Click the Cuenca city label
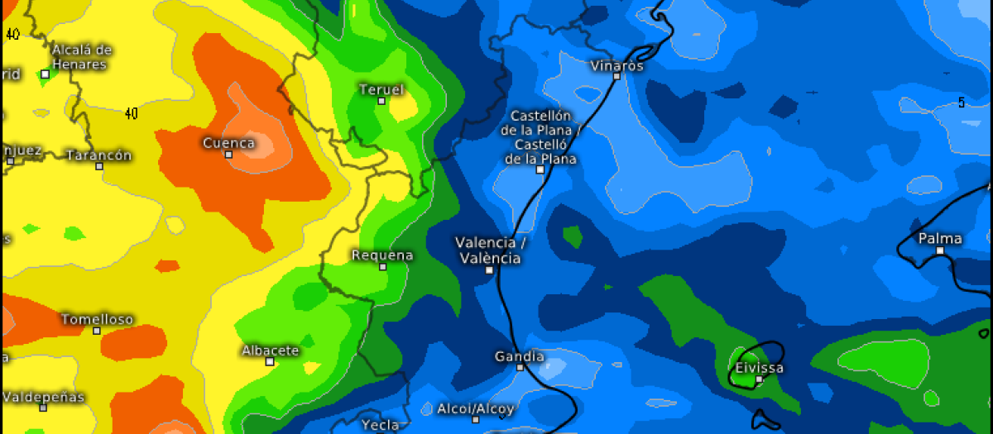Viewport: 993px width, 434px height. (228, 143)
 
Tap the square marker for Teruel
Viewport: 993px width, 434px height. (381, 101)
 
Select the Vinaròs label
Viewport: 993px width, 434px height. (616, 65)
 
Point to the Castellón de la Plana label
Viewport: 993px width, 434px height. (540, 136)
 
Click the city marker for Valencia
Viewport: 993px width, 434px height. (489, 269)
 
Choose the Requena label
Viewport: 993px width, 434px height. (381, 255)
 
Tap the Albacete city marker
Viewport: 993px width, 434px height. (270, 361)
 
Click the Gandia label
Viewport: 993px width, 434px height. (519, 356)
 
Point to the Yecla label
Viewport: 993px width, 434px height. (381, 425)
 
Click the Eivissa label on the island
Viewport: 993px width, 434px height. (759, 368)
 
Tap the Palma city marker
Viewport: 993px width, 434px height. (940, 250)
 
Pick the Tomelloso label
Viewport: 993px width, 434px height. (97, 319)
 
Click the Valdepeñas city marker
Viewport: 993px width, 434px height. (43, 407)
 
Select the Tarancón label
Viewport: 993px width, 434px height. (98, 155)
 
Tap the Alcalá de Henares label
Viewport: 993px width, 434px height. (81, 57)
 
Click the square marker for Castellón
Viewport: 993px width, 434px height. (540, 169)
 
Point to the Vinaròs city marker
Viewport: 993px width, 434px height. (616, 76)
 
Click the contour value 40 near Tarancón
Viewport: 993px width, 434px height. (131, 113)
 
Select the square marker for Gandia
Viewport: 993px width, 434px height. (519, 367)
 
